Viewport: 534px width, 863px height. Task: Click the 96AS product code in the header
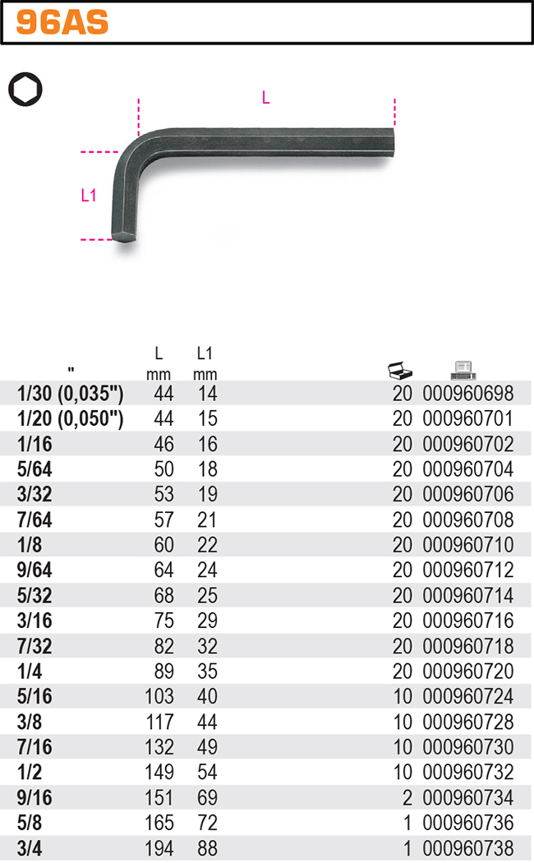click(x=62, y=23)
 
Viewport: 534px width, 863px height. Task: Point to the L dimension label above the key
click(x=265, y=98)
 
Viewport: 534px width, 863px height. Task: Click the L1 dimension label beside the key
click(x=89, y=196)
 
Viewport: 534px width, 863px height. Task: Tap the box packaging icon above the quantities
click(x=400, y=370)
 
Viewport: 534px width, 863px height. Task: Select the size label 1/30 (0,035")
click(x=70, y=394)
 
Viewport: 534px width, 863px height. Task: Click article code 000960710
click(x=467, y=545)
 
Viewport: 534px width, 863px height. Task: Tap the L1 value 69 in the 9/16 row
click(x=207, y=798)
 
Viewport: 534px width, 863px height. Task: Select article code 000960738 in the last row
click(x=467, y=848)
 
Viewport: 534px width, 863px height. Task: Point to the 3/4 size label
click(x=29, y=848)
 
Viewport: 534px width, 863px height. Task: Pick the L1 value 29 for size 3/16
click(x=207, y=621)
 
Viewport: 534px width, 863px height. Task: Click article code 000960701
click(x=467, y=419)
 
